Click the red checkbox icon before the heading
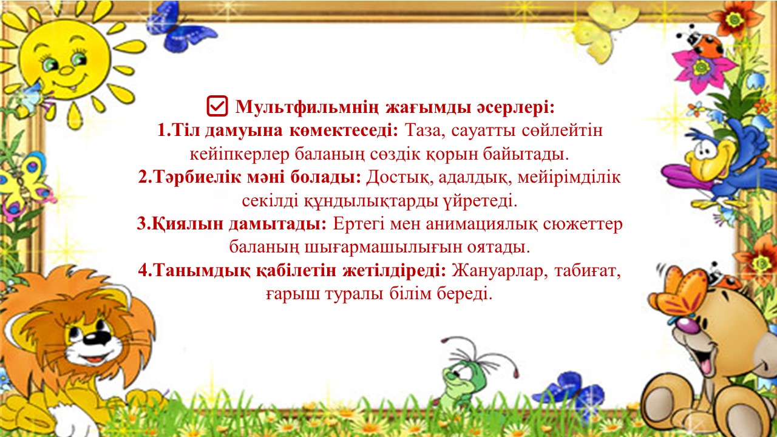click(217, 106)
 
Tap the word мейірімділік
click(569, 177)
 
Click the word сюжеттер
click(583, 225)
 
